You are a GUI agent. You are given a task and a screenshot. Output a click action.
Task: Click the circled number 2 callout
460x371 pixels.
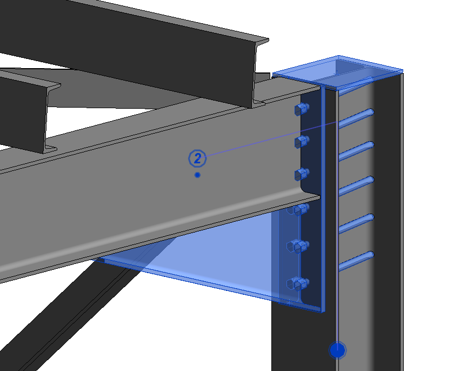[x=198, y=158]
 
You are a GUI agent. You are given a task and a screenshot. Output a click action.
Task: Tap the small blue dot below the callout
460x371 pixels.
[x=198, y=175]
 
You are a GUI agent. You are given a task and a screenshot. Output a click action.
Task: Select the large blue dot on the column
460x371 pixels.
[x=338, y=350]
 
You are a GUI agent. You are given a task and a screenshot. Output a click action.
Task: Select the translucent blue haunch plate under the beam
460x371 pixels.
[x=216, y=265]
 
